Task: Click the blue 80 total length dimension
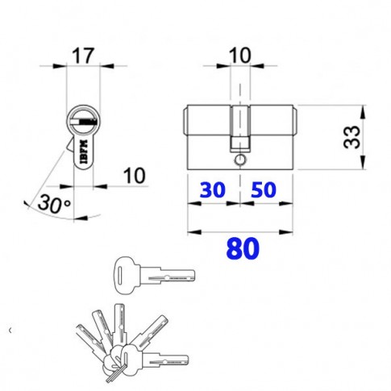(243, 248)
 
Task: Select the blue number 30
(212, 189)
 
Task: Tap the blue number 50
(264, 189)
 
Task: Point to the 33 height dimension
(352, 137)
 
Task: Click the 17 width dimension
(83, 56)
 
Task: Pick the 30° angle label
(54, 204)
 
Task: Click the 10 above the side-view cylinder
(239, 56)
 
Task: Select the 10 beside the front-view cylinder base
(134, 176)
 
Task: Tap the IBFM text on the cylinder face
(84, 152)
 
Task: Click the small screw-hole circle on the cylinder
(239, 160)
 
